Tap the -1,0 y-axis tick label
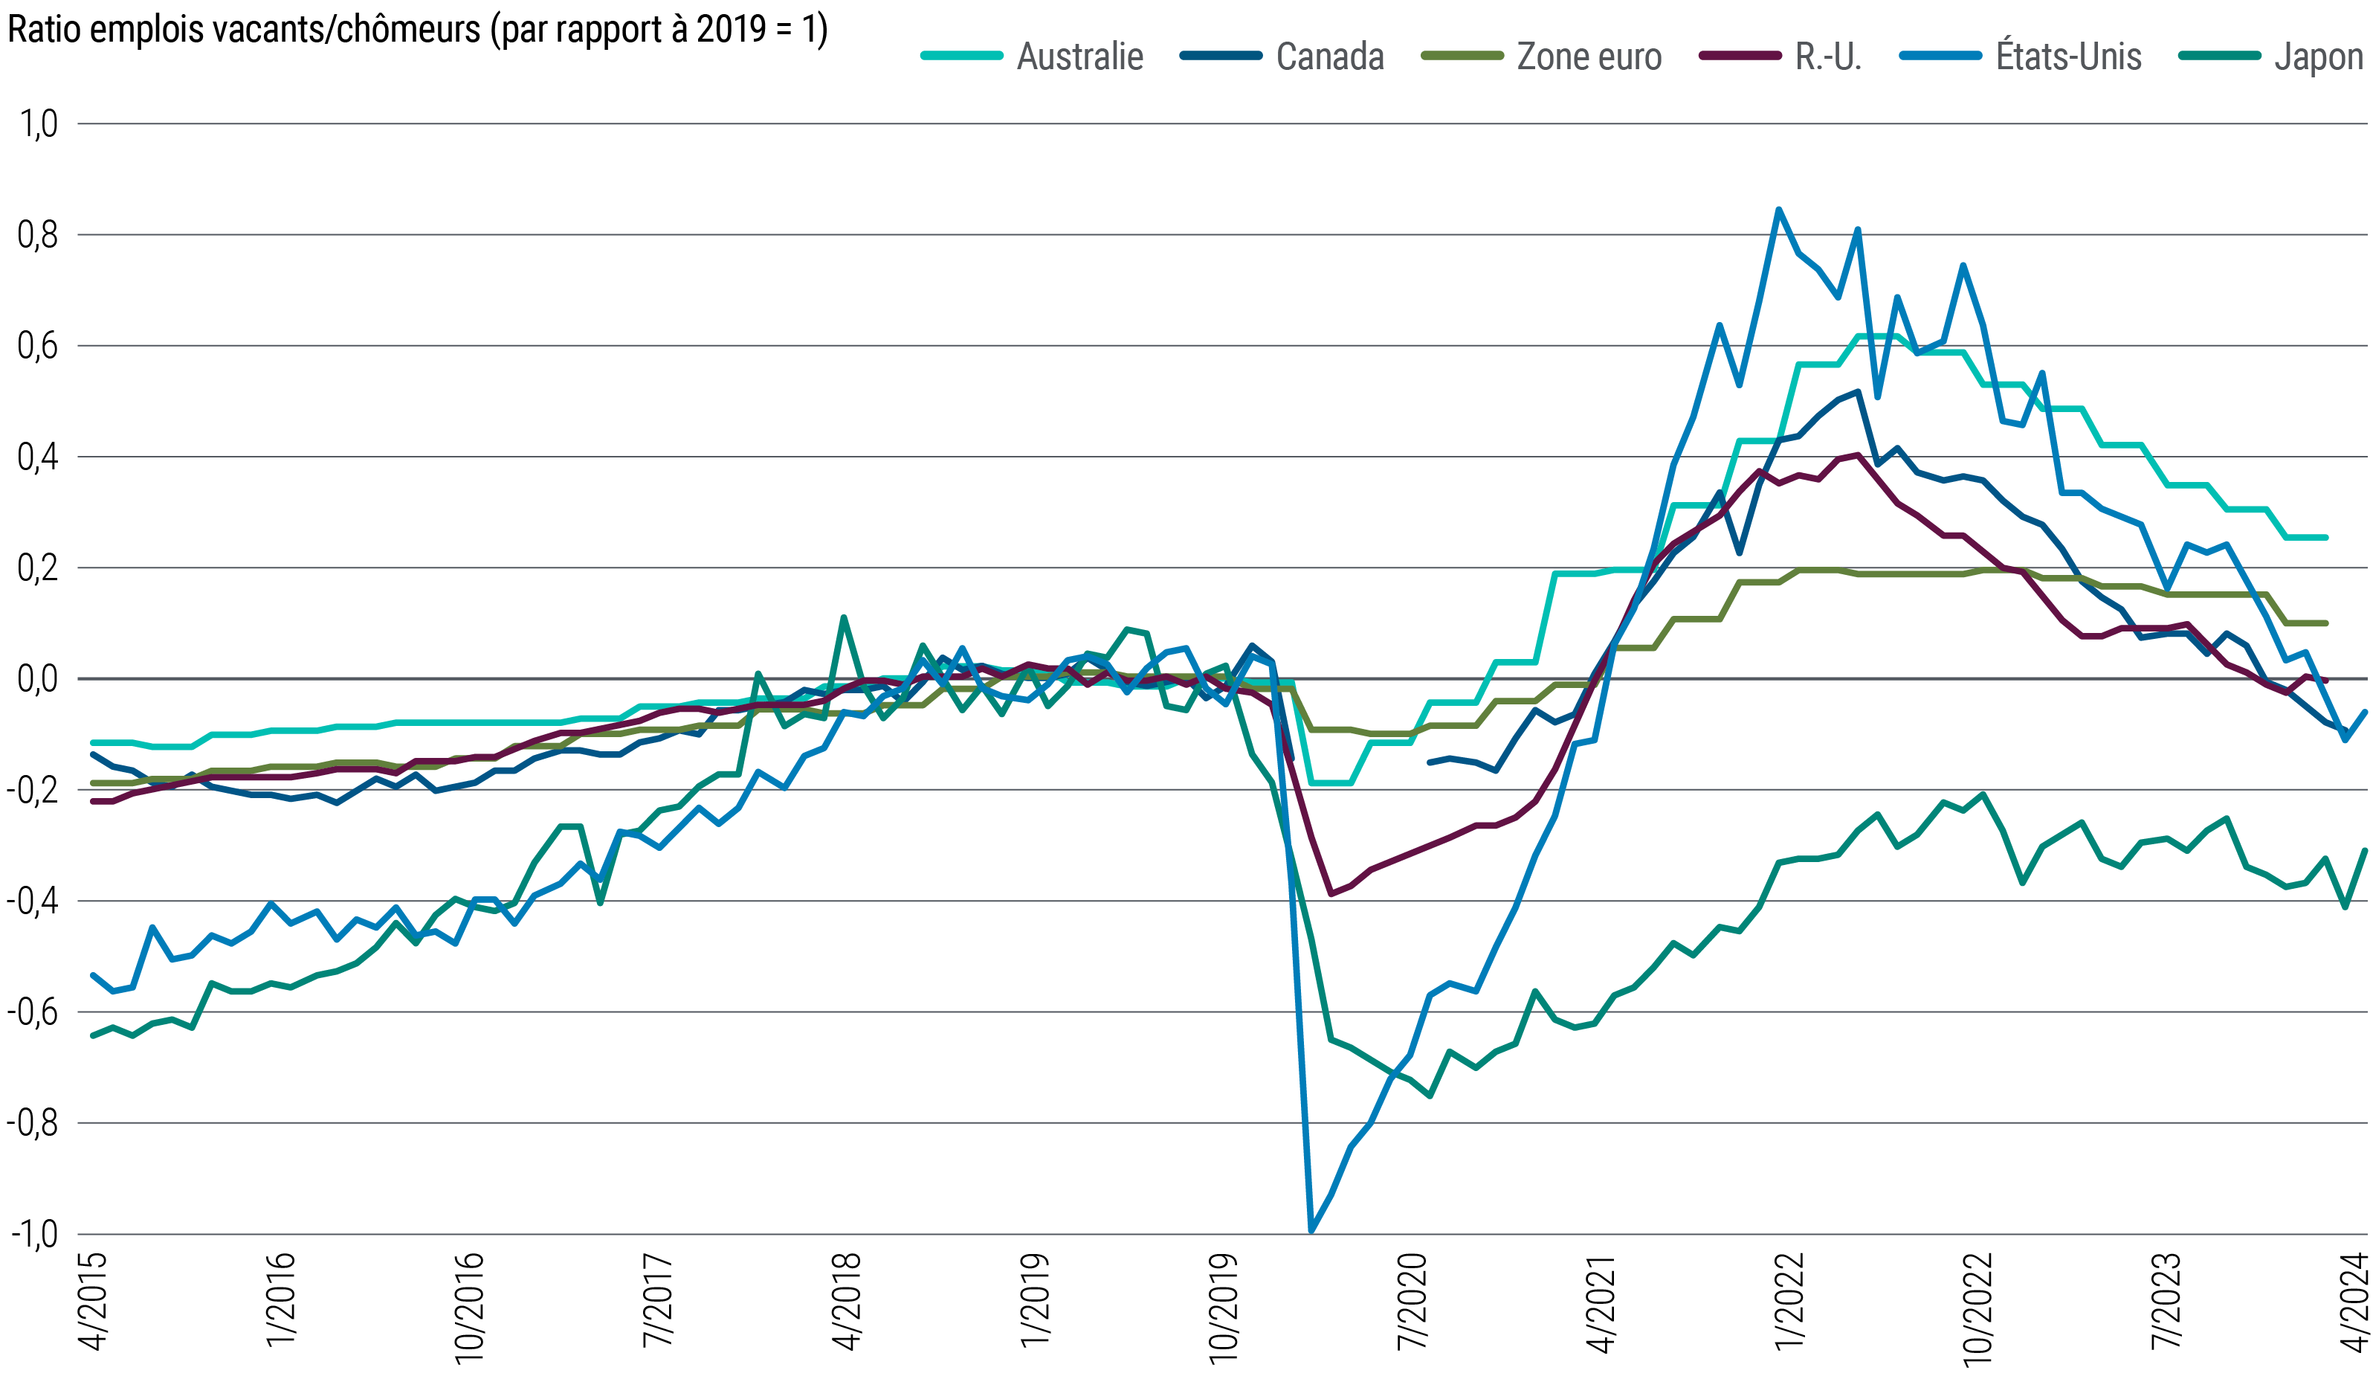[x=33, y=1234]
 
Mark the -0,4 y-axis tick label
[x=33, y=901]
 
